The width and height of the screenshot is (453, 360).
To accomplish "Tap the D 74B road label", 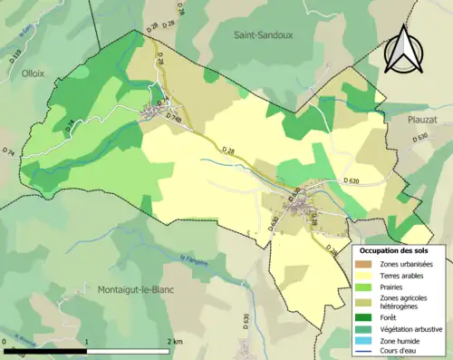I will click(x=176, y=118).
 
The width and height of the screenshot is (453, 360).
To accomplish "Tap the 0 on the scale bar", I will click(x=5, y=341).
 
